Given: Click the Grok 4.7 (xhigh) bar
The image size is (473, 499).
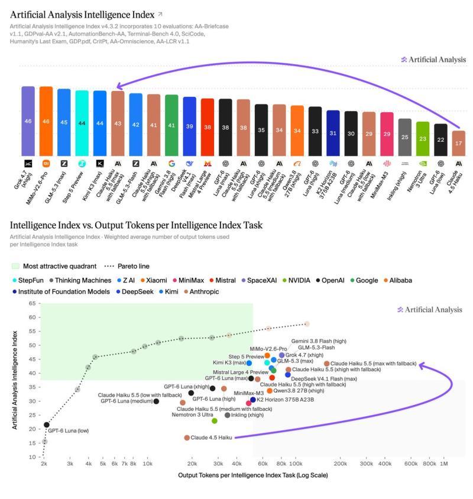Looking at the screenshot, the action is pos(28,121).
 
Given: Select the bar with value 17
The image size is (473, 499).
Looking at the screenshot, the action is pos(458,144).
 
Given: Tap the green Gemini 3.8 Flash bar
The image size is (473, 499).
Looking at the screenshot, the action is pos(171,125).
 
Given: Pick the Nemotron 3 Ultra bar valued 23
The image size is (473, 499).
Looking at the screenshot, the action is pos(423,139).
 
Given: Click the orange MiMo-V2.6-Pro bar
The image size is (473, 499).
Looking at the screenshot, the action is pos(46,121).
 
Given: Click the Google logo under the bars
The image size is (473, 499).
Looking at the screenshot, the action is pos(171,164).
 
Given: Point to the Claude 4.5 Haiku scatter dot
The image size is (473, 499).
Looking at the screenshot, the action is pos(187,438).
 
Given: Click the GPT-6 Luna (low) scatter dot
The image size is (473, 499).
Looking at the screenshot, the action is pos(47,425).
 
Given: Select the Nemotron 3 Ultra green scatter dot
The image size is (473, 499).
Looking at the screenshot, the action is pos(215,421).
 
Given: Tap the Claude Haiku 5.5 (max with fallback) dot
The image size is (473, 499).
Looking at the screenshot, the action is pos(326,364).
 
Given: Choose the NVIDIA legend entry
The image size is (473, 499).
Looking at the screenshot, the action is pos(296,280).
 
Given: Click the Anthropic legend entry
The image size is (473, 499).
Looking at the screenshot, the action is pos(202,292).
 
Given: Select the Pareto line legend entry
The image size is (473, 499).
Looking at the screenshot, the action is pos(127,267).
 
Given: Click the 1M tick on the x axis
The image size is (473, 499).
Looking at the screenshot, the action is pos(443,464).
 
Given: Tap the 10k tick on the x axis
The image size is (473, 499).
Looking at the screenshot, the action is pos(147,464).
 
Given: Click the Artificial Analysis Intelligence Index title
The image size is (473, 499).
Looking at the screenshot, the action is pos(82,15).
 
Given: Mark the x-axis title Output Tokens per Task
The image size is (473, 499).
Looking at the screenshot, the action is pos(252,475).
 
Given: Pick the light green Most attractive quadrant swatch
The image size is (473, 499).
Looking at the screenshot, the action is pos(15,267).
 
